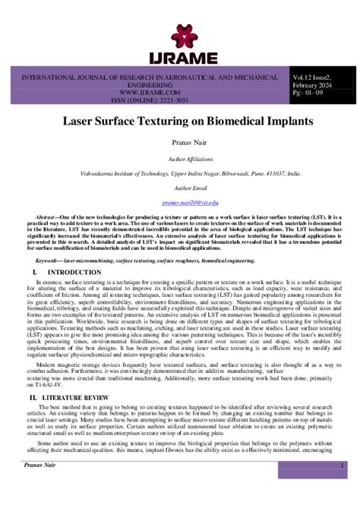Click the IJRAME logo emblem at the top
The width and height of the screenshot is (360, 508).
(x=180, y=33)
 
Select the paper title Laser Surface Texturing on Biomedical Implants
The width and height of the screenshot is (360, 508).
(x=179, y=121)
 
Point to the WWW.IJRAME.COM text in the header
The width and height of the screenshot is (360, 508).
(x=149, y=96)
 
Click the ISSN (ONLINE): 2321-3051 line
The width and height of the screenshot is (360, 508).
(x=149, y=104)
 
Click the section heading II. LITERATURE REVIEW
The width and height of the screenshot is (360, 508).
(x=68, y=397)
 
